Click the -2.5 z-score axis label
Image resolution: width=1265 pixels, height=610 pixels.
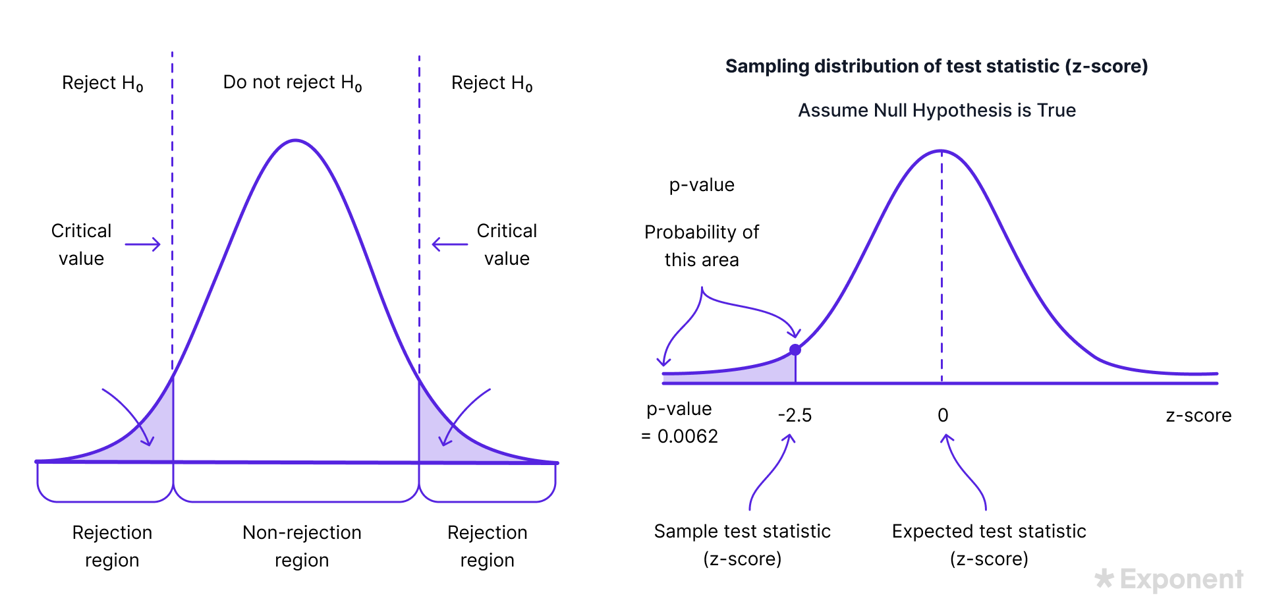795,416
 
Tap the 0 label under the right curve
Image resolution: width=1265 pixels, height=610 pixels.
943,416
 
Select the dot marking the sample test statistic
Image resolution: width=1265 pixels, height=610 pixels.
795,350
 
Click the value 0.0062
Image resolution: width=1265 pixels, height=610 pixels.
688,436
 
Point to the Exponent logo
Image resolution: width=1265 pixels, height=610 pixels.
1169,579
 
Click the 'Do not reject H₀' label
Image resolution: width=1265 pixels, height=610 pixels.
293,83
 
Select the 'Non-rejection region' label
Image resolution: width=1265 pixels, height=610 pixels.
302,546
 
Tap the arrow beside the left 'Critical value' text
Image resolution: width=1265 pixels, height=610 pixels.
142,244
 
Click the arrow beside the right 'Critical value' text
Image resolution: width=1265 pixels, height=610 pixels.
450,244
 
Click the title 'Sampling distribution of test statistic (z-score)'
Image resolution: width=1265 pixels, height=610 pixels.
937,67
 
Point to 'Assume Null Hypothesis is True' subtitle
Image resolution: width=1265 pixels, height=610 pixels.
937,110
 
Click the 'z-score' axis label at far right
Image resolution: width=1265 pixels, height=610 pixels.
1198,416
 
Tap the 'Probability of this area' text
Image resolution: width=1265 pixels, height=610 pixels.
702,246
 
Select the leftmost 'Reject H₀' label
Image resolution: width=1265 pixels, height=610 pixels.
102,84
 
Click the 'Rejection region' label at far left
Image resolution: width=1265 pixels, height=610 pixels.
112,546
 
